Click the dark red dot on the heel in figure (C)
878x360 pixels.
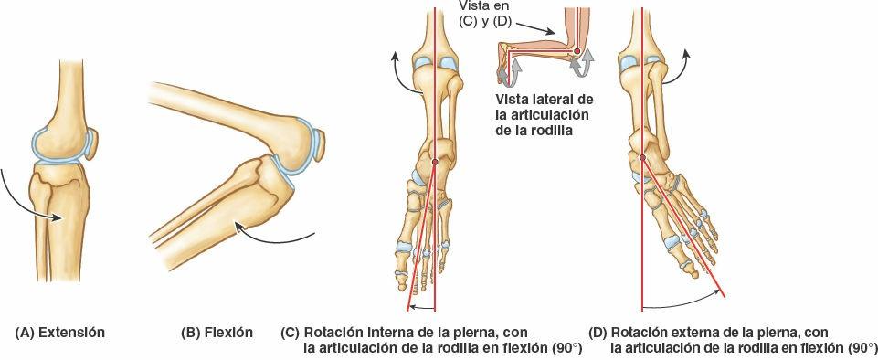click(434, 162)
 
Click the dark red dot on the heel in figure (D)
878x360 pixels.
click(642, 157)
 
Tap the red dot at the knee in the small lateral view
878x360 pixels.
click(577, 52)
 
